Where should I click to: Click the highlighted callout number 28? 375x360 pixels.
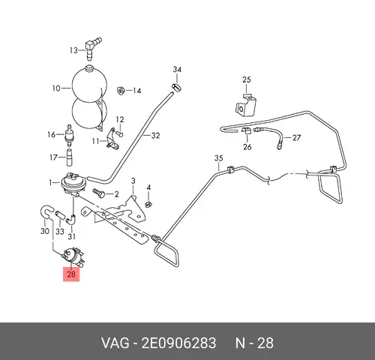[x=71, y=274]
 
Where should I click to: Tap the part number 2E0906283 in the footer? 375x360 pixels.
[x=178, y=343]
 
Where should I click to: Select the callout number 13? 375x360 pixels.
[x=73, y=50]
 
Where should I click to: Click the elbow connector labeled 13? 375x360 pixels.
[x=92, y=48]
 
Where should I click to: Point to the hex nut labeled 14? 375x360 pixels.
[x=121, y=90]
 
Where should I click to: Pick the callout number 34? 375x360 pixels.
[x=177, y=70]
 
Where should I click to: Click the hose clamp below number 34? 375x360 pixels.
[x=176, y=88]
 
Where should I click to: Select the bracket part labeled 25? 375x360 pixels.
[x=246, y=105]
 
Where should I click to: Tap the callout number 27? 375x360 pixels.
[x=296, y=138]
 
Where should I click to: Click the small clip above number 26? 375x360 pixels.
[x=246, y=130]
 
